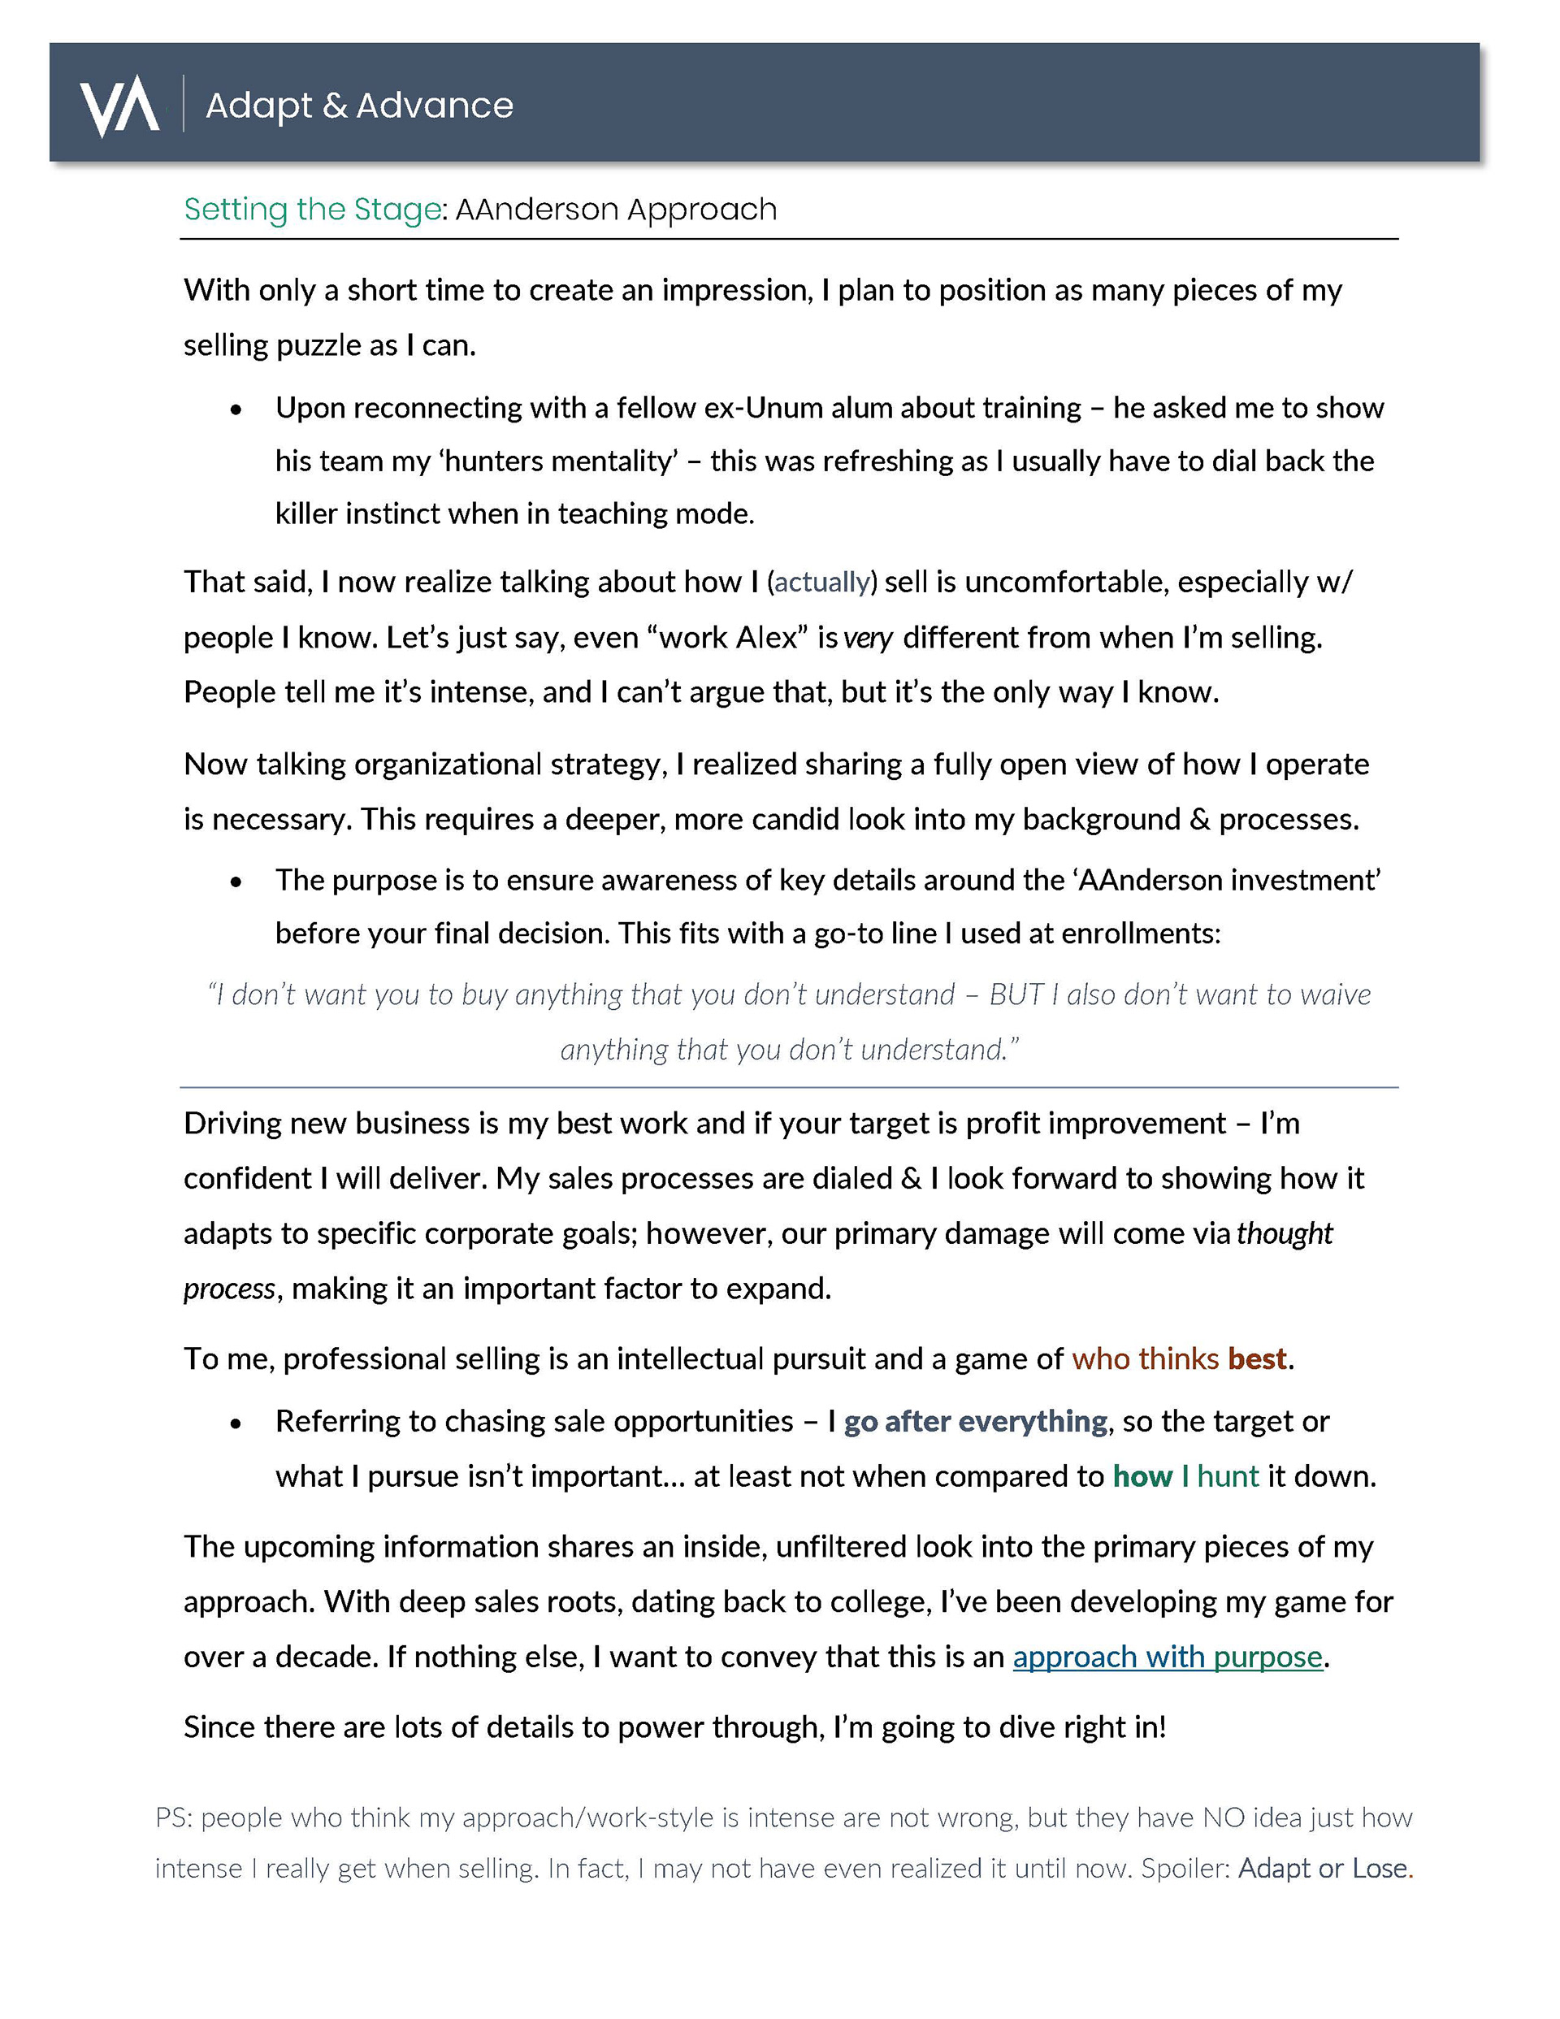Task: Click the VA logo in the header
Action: (x=119, y=105)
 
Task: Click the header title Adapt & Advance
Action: (x=359, y=106)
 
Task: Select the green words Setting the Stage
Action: (x=313, y=210)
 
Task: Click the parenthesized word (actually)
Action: (x=821, y=582)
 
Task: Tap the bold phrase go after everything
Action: (x=975, y=1421)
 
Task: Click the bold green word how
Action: (x=1142, y=1475)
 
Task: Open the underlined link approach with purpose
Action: (x=1167, y=1656)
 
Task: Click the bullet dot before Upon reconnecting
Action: (x=236, y=409)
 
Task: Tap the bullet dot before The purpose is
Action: (x=236, y=882)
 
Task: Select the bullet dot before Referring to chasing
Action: (x=236, y=1423)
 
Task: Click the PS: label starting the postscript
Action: (x=173, y=1818)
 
